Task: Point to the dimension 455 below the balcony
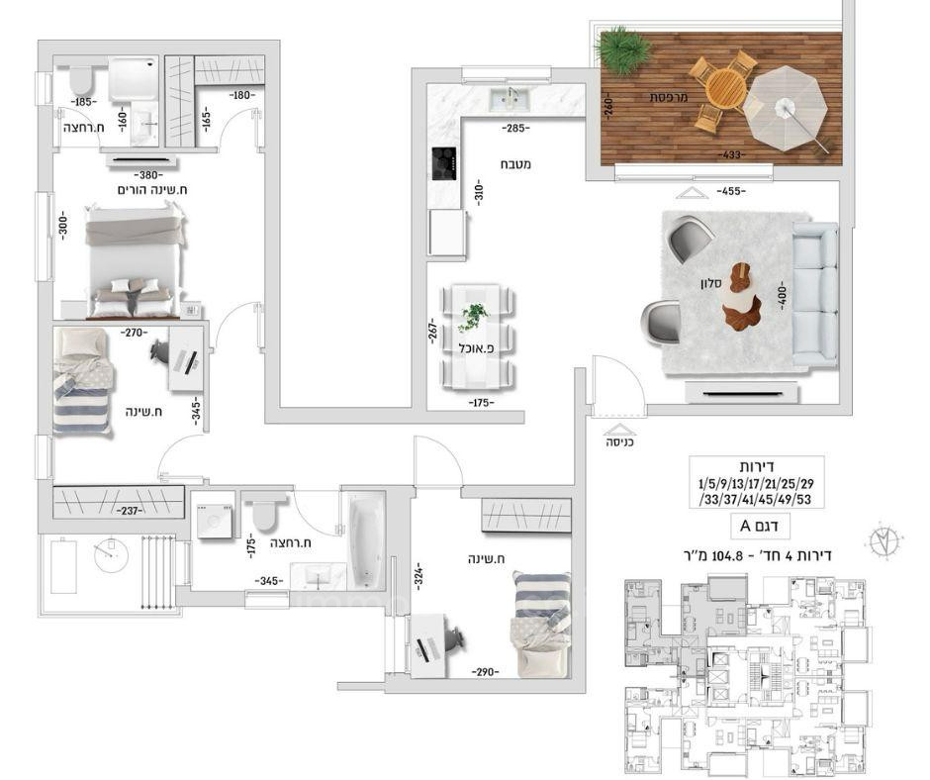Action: (731, 190)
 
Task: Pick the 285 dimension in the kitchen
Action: (512, 128)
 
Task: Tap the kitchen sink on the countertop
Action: (511, 96)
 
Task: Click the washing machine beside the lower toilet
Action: (213, 519)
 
